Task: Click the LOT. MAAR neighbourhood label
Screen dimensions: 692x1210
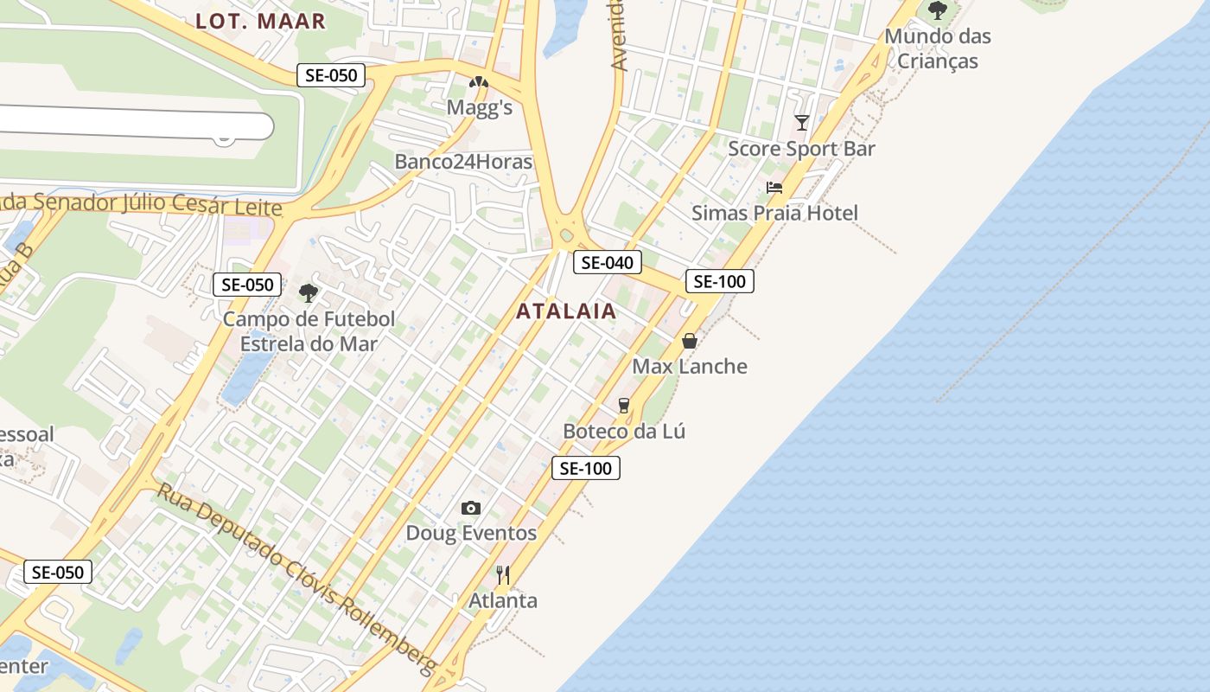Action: [x=260, y=22]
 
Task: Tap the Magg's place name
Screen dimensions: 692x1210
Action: [x=480, y=107]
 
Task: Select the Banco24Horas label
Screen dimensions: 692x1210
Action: [x=463, y=162]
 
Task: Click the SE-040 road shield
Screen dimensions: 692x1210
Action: [x=608, y=263]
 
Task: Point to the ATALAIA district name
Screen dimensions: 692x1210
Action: [x=567, y=311]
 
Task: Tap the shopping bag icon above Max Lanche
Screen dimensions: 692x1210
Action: [x=690, y=341]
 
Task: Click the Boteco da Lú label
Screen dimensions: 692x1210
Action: [x=624, y=431]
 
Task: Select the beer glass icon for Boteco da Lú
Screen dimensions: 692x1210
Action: [x=623, y=405]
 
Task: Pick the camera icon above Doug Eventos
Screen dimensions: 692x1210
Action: [x=471, y=508]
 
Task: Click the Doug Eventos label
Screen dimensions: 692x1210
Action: [x=471, y=533]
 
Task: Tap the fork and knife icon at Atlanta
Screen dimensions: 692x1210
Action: [x=503, y=574]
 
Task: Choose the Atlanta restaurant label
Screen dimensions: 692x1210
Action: [x=503, y=600]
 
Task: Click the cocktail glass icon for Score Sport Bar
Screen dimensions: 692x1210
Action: [x=802, y=123]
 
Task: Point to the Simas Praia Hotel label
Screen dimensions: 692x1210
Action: [x=774, y=213]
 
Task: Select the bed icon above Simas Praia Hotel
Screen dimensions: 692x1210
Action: [x=774, y=188]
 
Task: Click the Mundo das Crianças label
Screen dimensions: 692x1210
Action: [x=938, y=48]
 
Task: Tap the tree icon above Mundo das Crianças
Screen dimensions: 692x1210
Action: [x=938, y=10]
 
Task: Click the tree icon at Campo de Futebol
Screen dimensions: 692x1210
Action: [x=309, y=292]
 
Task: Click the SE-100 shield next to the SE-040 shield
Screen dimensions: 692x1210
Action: [x=720, y=281]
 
